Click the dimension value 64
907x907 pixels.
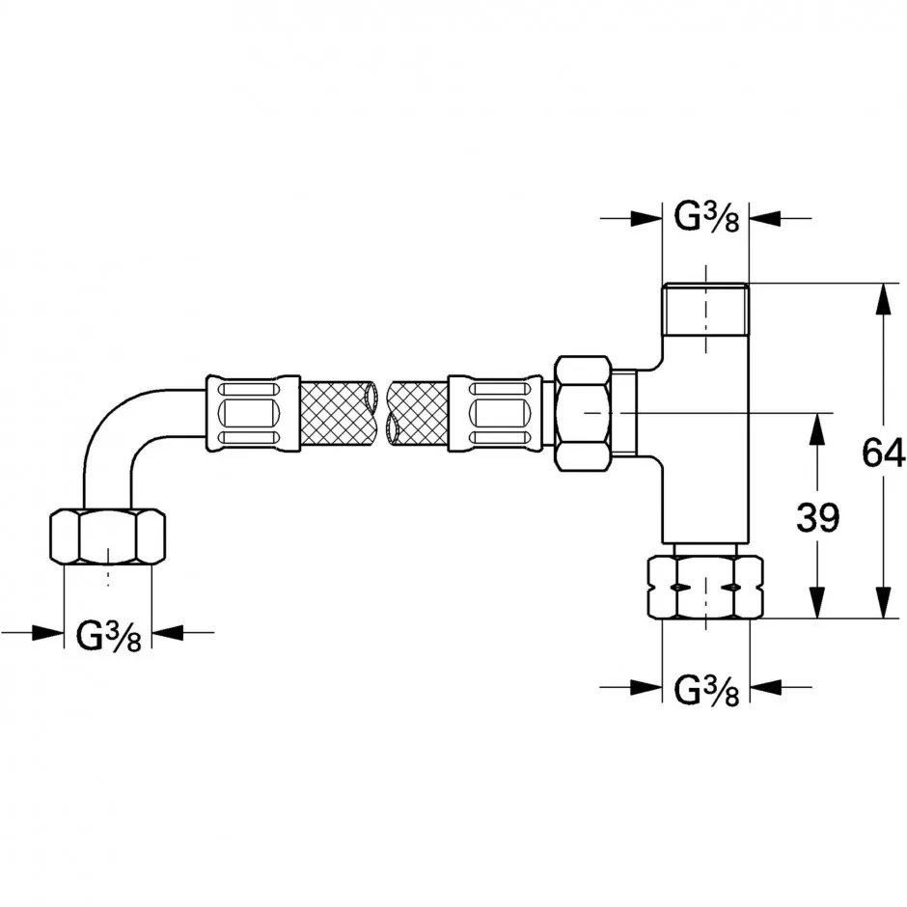[883, 453]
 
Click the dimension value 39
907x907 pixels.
[817, 517]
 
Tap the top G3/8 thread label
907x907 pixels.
[706, 218]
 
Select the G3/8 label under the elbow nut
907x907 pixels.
[109, 636]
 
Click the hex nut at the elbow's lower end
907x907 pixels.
[108, 536]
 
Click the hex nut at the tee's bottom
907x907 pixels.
[705, 587]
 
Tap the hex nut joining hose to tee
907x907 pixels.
[583, 412]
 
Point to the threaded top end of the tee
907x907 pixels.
[705, 310]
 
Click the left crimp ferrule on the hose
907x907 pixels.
[253, 413]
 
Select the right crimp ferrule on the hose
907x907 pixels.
[495, 413]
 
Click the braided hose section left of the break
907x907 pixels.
[338, 413]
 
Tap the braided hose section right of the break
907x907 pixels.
[418, 413]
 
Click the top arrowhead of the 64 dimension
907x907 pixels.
[883, 299]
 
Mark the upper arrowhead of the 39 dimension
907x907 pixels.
[816, 428]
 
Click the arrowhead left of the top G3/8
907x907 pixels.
[646, 218]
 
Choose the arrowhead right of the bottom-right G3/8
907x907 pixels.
[765, 687]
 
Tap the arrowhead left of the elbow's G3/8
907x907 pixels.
[47, 632]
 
